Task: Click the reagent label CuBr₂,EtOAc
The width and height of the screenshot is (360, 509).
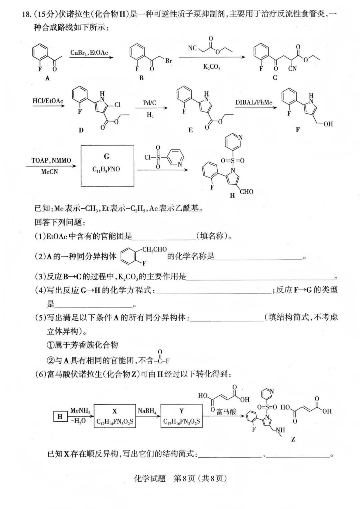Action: coord(89,53)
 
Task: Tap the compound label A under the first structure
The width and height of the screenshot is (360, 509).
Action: coord(47,78)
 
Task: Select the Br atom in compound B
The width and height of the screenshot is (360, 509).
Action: coord(168,61)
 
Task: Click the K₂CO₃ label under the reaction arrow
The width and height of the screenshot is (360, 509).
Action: coord(212,67)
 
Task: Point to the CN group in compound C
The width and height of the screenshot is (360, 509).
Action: coord(292,68)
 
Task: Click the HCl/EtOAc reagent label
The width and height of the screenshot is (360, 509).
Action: coord(48,101)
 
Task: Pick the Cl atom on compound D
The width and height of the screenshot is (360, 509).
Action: coord(117,105)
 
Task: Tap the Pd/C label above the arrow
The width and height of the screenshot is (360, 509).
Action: coord(150,103)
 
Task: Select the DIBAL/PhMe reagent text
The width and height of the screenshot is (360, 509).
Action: coord(254,102)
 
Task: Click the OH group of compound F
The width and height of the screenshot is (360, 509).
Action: coord(328,124)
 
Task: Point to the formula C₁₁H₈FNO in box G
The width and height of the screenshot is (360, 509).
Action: coord(106,169)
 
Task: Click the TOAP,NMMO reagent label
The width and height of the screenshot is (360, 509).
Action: coord(51,160)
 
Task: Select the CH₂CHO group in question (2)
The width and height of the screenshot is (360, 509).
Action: coord(154,249)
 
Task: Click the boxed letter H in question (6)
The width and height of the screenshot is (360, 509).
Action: coord(60,416)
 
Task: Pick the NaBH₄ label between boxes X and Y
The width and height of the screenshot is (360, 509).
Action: coord(147,411)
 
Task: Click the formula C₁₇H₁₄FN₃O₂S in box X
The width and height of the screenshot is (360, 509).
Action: coord(115,422)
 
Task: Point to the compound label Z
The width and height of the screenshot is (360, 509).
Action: coord(293,439)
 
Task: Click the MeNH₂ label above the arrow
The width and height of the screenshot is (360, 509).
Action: coord(80,411)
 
